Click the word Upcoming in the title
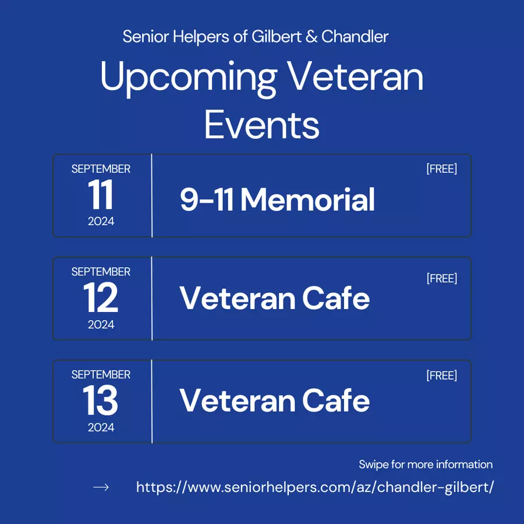pos(189,79)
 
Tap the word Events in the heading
pos(262,125)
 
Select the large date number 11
pos(101,194)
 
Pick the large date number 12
pos(101,297)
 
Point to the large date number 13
pos(101,400)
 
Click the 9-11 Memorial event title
pos(277,200)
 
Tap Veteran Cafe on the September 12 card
pos(275,298)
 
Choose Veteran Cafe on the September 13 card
pos(275,401)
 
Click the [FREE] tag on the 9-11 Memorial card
pos(442,169)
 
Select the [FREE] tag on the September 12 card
pos(442,278)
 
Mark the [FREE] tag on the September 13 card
pos(442,376)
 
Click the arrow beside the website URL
pos(101,487)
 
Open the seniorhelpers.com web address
pos(315,487)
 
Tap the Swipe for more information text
pos(426,465)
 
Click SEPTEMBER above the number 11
pos(101,169)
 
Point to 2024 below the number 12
pos(101,324)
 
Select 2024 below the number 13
pos(101,427)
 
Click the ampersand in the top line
pos(311,37)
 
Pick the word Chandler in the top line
pos(355,37)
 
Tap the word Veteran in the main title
pos(355,76)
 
